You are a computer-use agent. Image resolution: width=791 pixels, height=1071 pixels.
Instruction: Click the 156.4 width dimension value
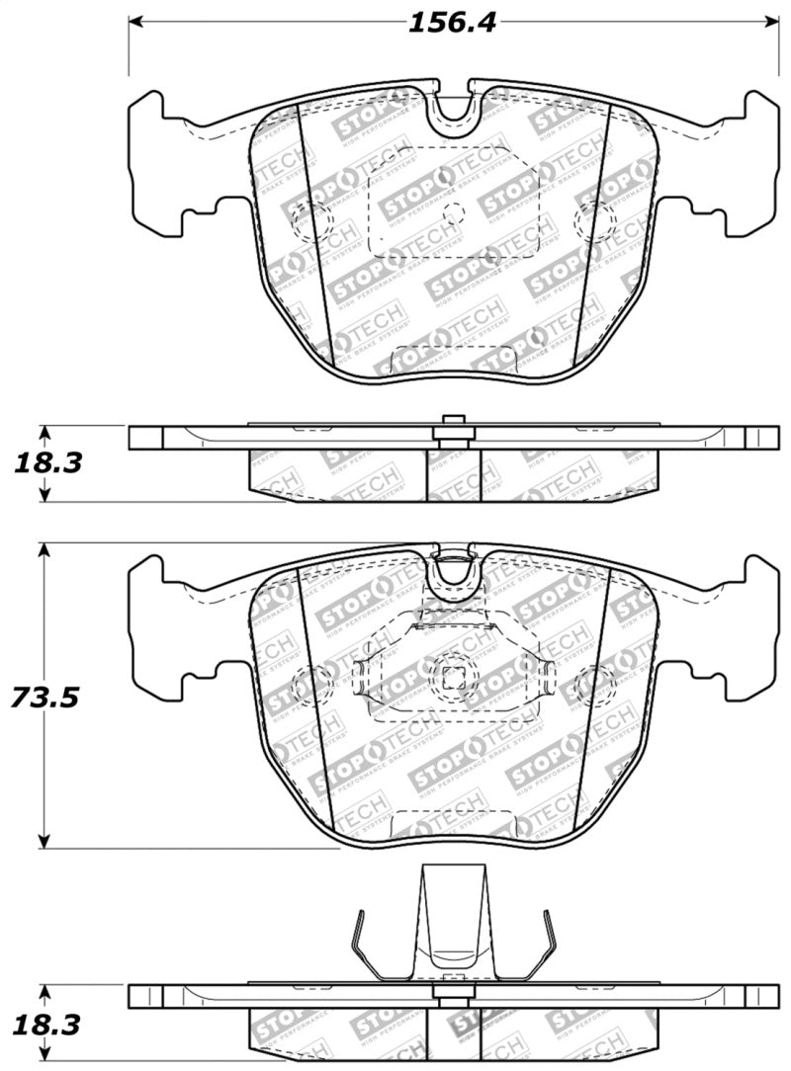pyautogui.click(x=454, y=22)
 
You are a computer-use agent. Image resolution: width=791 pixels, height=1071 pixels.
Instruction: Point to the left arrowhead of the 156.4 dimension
pyautogui.click(x=136, y=21)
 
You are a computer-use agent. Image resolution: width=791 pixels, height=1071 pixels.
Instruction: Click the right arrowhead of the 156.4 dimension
pyautogui.click(x=771, y=21)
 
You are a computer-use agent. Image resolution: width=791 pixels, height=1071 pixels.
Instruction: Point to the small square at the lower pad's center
pyautogui.click(x=454, y=677)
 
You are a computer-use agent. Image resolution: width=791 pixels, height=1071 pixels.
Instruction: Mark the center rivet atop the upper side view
pyautogui.click(x=454, y=423)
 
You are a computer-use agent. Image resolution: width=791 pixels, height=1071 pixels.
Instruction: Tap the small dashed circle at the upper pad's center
pyautogui.click(x=454, y=211)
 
